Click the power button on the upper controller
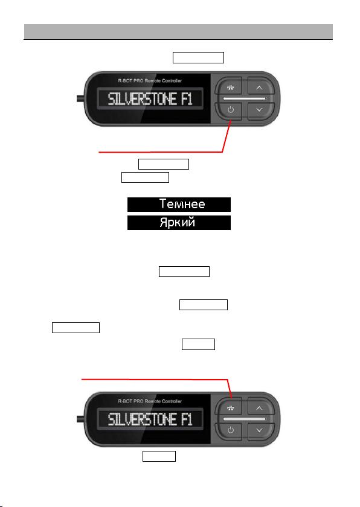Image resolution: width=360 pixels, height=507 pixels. coord(230,110)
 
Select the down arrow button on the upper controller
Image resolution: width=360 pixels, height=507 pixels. coord(260,110)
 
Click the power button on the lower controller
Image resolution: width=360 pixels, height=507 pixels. coord(230,431)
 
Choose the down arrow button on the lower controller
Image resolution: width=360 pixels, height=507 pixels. coord(260,431)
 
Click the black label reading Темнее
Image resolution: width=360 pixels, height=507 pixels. coord(179,205)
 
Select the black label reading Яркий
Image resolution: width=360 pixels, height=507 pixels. coord(179,223)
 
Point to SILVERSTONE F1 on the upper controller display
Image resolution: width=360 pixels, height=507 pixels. coord(150,99)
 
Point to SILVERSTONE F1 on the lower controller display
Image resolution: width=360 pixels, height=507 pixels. coord(150,419)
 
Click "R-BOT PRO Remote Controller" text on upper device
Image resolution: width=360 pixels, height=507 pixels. coord(150,80)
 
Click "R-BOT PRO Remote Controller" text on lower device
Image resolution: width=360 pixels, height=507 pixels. coord(150,401)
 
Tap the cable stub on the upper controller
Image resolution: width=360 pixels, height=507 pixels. coord(80,98)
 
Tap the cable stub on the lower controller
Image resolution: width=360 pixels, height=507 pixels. coord(80,419)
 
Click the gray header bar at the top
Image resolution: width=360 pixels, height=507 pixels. coord(178,31)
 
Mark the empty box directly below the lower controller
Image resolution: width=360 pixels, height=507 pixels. coord(159,456)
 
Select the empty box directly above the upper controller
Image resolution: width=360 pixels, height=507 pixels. coord(198,57)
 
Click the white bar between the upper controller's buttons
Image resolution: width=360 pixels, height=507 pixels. coord(245,98)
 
